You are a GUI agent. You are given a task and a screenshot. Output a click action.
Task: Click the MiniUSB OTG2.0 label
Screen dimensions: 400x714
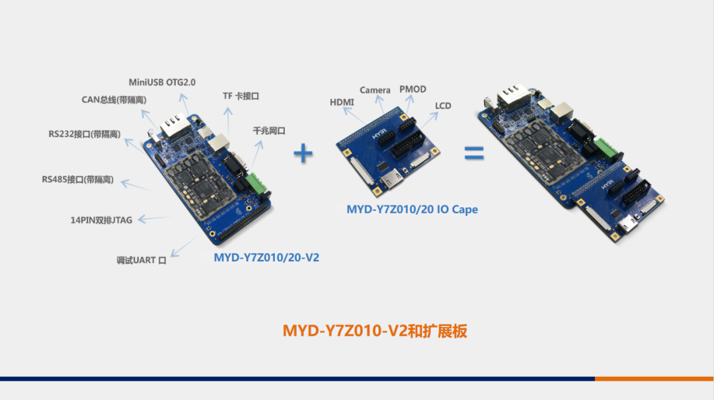(x=162, y=82)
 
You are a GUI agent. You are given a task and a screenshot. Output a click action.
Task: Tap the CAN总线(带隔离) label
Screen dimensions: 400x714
(x=114, y=100)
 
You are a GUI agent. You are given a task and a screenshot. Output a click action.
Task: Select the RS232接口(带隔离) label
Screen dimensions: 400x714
(x=84, y=134)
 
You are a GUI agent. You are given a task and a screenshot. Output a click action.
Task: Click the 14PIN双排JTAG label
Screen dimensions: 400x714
(x=101, y=220)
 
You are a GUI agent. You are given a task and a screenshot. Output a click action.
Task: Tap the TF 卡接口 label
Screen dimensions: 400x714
(x=241, y=96)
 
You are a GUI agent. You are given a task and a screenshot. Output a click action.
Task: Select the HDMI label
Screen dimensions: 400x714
(x=342, y=102)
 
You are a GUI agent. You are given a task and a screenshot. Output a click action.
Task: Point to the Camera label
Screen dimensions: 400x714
(x=376, y=89)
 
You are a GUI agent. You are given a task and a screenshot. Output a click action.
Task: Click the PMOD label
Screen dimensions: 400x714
(x=413, y=89)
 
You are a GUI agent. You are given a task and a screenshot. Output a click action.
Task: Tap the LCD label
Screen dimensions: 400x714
(x=443, y=106)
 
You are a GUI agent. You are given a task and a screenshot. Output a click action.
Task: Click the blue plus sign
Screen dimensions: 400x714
(x=303, y=154)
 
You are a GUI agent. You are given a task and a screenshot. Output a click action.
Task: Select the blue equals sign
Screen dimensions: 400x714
(x=473, y=153)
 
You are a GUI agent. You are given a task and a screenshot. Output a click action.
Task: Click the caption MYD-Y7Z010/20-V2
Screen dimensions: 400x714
(x=266, y=257)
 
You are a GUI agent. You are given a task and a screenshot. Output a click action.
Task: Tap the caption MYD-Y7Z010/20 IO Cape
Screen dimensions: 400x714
(x=412, y=210)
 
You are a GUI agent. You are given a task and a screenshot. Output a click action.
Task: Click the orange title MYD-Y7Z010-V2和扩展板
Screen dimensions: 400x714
(x=375, y=331)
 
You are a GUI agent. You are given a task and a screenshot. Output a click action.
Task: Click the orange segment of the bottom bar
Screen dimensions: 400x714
(x=654, y=379)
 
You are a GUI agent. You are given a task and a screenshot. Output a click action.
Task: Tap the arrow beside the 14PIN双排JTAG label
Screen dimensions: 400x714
(x=153, y=218)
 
